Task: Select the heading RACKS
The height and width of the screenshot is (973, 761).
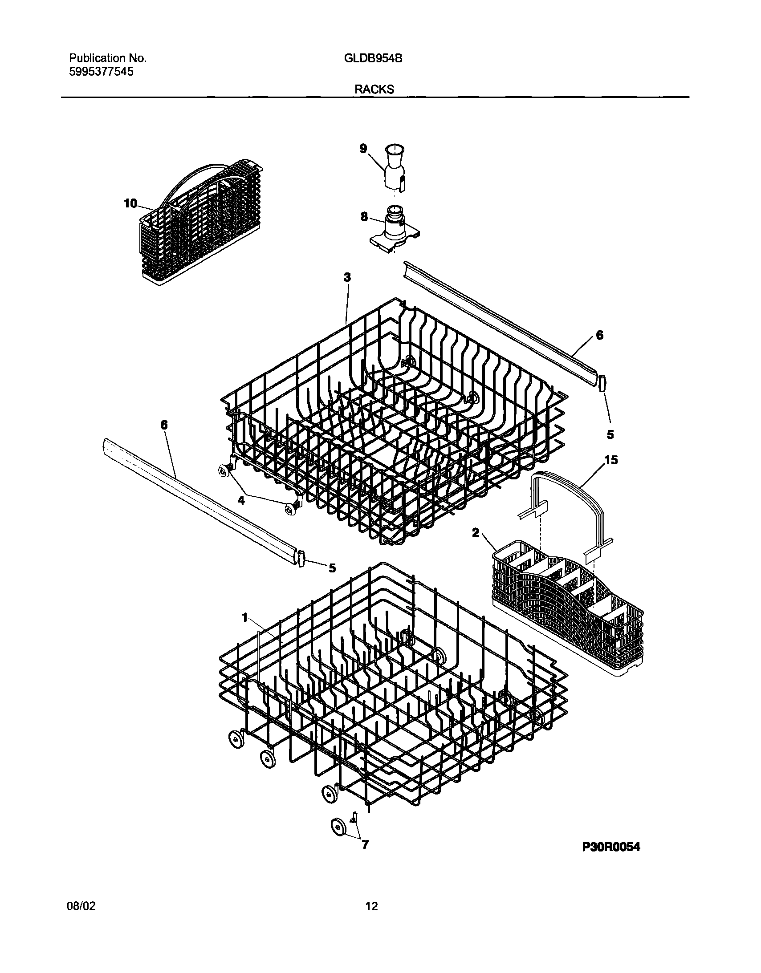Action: coord(374,89)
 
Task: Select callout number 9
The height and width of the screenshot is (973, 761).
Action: coord(363,149)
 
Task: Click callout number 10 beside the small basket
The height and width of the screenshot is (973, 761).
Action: coord(130,203)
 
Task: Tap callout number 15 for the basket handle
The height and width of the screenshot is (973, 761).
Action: coord(611,460)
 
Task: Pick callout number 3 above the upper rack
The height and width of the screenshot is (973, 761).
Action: coord(347,277)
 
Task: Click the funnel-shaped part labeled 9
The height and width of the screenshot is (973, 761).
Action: coord(394,168)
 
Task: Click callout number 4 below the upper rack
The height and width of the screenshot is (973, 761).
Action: coord(241,500)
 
